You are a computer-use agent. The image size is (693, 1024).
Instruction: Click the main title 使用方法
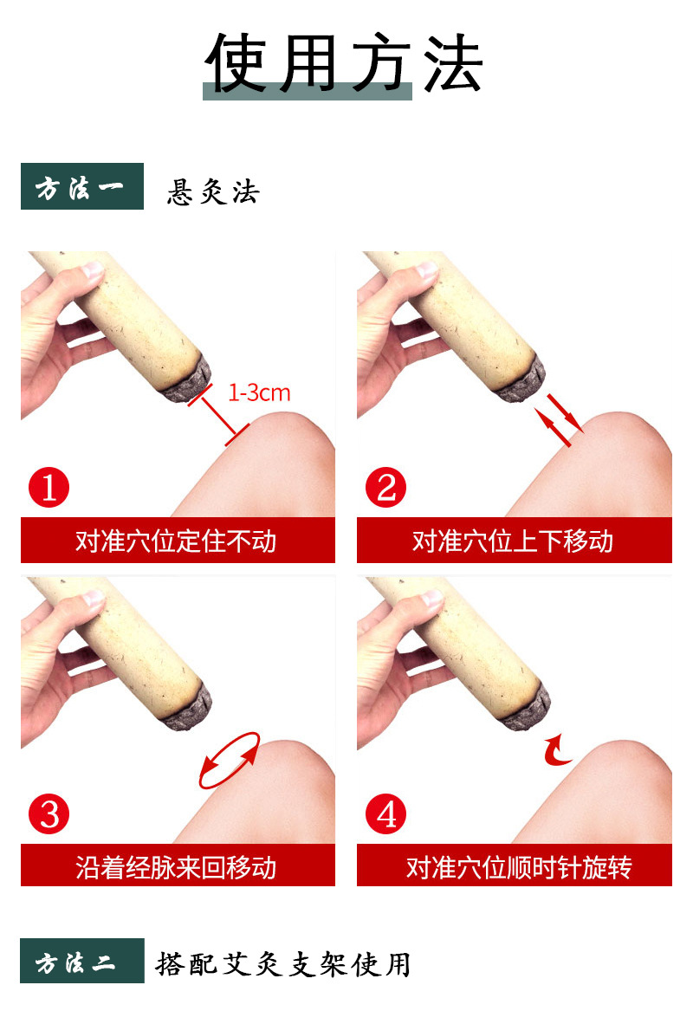click(x=344, y=62)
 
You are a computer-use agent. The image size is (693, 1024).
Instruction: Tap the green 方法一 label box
click(x=82, y=186)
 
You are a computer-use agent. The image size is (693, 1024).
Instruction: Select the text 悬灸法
click(x=213, y=191)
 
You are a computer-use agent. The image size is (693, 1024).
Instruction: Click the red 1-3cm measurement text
click(x=259, y=392)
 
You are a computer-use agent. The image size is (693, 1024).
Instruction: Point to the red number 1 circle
click(x=49, y=487)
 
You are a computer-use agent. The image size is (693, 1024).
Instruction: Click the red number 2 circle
click(x=386, y=487)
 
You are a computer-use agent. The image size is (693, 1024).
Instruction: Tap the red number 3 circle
click(x=49, y=813)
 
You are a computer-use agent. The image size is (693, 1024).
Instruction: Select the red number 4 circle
click(x=386, y=813)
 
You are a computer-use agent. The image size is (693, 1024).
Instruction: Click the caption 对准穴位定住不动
click(x=176, y=541)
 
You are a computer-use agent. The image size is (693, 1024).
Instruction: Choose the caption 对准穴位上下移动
click(x=513, y=541)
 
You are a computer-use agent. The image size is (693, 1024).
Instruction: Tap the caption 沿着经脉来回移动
click(x=176, y=867)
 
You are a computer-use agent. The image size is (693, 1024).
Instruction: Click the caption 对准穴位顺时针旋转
click(x=519, y=867)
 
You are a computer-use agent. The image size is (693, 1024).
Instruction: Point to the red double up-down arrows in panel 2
click(x=559, y=420)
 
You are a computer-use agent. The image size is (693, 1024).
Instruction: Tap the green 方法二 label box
click(x=82, y=961)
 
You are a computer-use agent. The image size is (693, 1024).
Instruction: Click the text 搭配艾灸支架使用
click(x=282, y=964)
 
